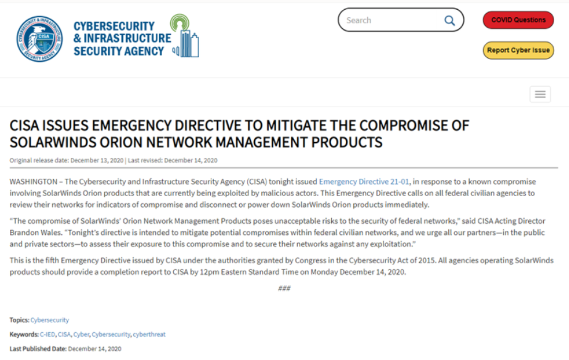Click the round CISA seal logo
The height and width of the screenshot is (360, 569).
click(39, 39)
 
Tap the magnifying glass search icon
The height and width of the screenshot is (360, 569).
click(449, 20)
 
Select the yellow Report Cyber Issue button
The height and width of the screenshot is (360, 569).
click(518, 51)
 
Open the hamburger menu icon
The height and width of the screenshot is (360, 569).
click(540, 94)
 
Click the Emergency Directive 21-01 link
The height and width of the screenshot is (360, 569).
click(364, 182)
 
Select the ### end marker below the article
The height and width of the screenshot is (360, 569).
click(284, 288)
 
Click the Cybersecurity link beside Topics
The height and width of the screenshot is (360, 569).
click(50, 320)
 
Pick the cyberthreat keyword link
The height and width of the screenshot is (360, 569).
click(149, 334)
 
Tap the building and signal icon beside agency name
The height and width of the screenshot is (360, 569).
click(186, 37)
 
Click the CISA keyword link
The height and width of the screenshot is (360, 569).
click(64, 334)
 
